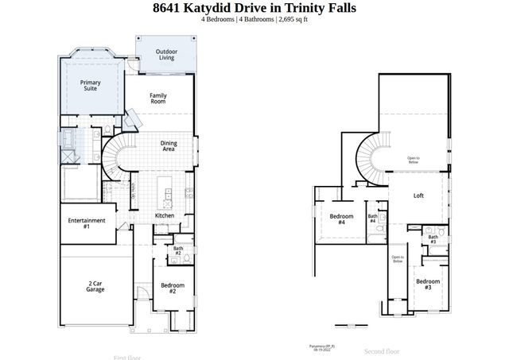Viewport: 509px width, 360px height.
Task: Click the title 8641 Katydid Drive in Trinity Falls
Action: pos(254,8)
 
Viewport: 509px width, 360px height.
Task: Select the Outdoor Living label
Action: pos(165,55)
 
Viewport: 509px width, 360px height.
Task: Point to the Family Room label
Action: pos(158,99)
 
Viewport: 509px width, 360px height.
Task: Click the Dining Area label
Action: pos(169,145)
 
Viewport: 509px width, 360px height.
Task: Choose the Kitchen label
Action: pos(165,215)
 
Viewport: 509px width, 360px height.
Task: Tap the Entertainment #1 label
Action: pos(87,223)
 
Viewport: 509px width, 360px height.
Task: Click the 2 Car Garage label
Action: pos(95,287)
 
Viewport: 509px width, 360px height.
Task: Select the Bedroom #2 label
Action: pos(173,288)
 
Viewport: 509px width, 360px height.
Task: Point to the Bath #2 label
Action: pos(178,252)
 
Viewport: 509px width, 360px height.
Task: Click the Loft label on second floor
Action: pos(418,195)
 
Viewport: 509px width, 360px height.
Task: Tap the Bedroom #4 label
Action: pos(341,219)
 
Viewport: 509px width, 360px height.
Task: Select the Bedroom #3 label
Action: pos(428,284)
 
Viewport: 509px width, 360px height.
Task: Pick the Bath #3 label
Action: pos(433,238)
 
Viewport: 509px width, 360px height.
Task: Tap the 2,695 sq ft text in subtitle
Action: pos(289,19)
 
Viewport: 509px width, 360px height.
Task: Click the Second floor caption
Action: pos(382,350)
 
